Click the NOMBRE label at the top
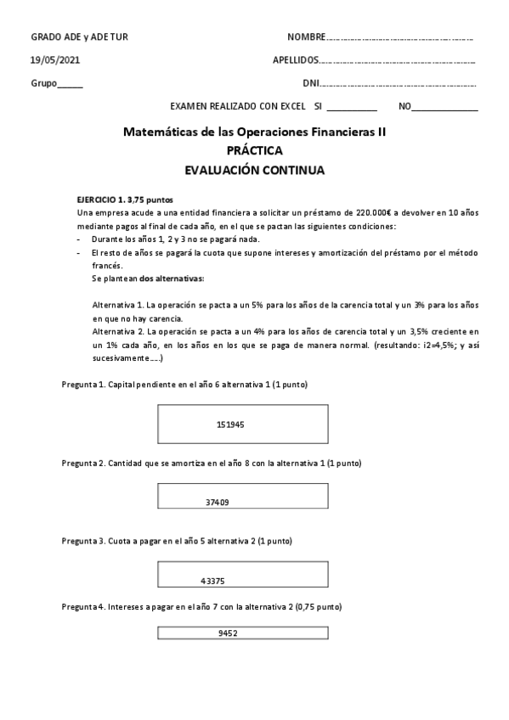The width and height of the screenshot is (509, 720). coord(306,37)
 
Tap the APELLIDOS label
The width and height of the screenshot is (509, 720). coord(296,60)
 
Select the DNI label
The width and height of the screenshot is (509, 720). coord(310,83)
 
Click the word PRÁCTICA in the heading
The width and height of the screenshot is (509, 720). coord(255,150)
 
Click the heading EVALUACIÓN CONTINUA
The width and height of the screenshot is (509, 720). coord(254,169)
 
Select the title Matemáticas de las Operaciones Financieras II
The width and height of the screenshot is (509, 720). coord(254,132)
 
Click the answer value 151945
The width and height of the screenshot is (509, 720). coord(230,424)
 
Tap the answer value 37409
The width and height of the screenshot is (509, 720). coord(217,503)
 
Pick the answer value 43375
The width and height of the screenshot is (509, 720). coord(213,581)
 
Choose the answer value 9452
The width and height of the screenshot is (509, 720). coord(228,633)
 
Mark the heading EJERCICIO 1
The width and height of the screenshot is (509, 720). coord(101,198)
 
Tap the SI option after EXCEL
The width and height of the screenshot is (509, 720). coord(318,107)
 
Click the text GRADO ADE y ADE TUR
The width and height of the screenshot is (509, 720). coord(79,37)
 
